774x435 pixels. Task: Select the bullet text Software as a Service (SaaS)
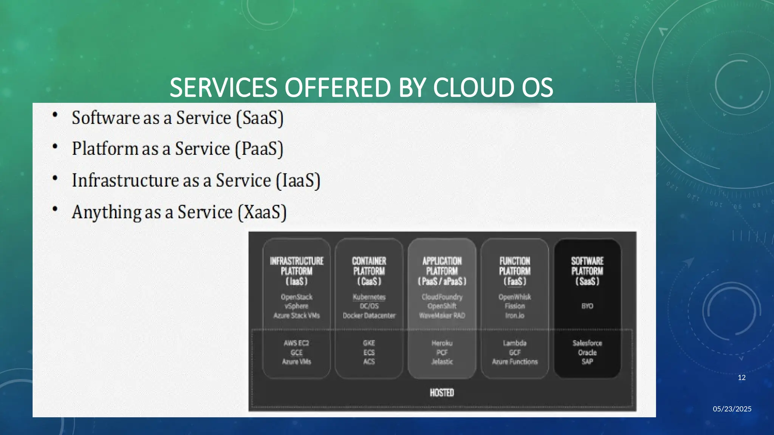pyautogui.click(x=178, y=118)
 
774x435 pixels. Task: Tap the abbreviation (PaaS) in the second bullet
pyautogui.click(x=259, y=149)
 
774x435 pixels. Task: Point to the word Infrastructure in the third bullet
pyautogui.click(x=125, y=180)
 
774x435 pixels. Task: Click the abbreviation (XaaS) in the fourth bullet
pyautogui.click(x=262, y=212)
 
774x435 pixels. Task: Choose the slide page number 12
pyautogui.click(x=741, y=378)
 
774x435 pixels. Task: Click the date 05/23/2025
pyautogui.click(x=732, y=409)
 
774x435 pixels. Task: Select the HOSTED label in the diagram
pyautogui.click(x=442, y=393)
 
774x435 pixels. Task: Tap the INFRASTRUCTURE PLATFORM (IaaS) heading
pyautogui.click(x=297, y=271)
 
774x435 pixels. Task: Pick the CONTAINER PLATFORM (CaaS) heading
pyautogui.click(x=369, y=271)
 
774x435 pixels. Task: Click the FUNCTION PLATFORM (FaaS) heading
pyautogui.click(x=515, y=271)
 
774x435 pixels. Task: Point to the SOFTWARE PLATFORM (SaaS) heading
pyautogui.click(x=587, y=271)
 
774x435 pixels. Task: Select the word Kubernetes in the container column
pyautogui.click(x=369, y=297)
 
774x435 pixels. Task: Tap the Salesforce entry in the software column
pyautogui.click(x=587, y=343)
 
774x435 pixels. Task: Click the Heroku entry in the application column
pyautogui.click(x=442, y=343)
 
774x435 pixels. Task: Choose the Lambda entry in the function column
pyautogui.click(x=515, y=343)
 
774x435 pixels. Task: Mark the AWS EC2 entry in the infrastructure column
pyautogui.click(x=297, y=343)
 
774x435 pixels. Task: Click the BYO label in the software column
pyautogui.click(x=587, y=306)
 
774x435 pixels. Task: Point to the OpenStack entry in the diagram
pyautogui.click(x=297, y=297)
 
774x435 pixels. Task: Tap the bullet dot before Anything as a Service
pyautogui.click(x=55, y=209)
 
